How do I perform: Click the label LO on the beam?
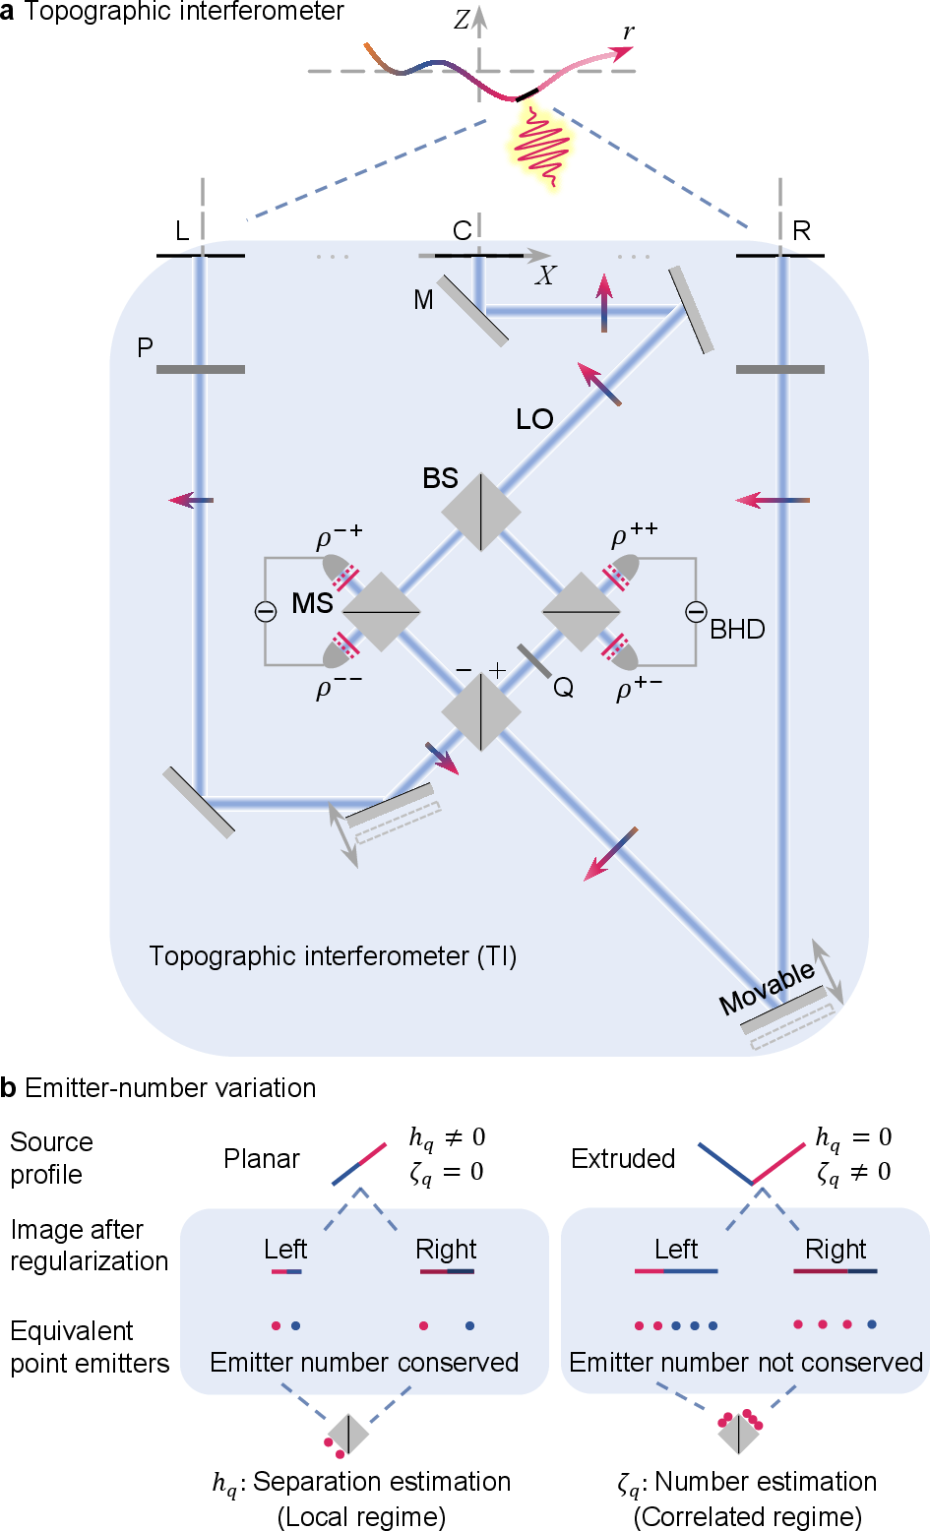coord(534,419)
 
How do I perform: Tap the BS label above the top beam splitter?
coord(440,478)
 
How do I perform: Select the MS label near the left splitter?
coord(313,603)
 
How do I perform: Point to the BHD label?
coord(737,630)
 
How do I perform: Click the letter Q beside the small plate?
coord(563,688)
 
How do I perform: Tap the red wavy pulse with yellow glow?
coord(541,147)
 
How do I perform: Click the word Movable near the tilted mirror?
coord(768,988)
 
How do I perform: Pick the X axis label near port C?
coord(545,276)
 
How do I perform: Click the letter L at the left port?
coord(182,231)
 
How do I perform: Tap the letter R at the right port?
coord(801,231)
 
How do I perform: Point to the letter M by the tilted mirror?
coord(423,299)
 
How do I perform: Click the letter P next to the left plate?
coord(145,348)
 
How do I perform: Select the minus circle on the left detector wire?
coord(266,611)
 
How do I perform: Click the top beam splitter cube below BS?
coord(481,513)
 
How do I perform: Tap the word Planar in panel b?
coord(261,1158)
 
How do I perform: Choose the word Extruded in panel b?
coord(623,1158)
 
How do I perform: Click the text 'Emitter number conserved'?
coord(364,1362)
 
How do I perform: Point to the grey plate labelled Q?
coord(534,661)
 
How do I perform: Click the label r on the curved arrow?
coord(629,32)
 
